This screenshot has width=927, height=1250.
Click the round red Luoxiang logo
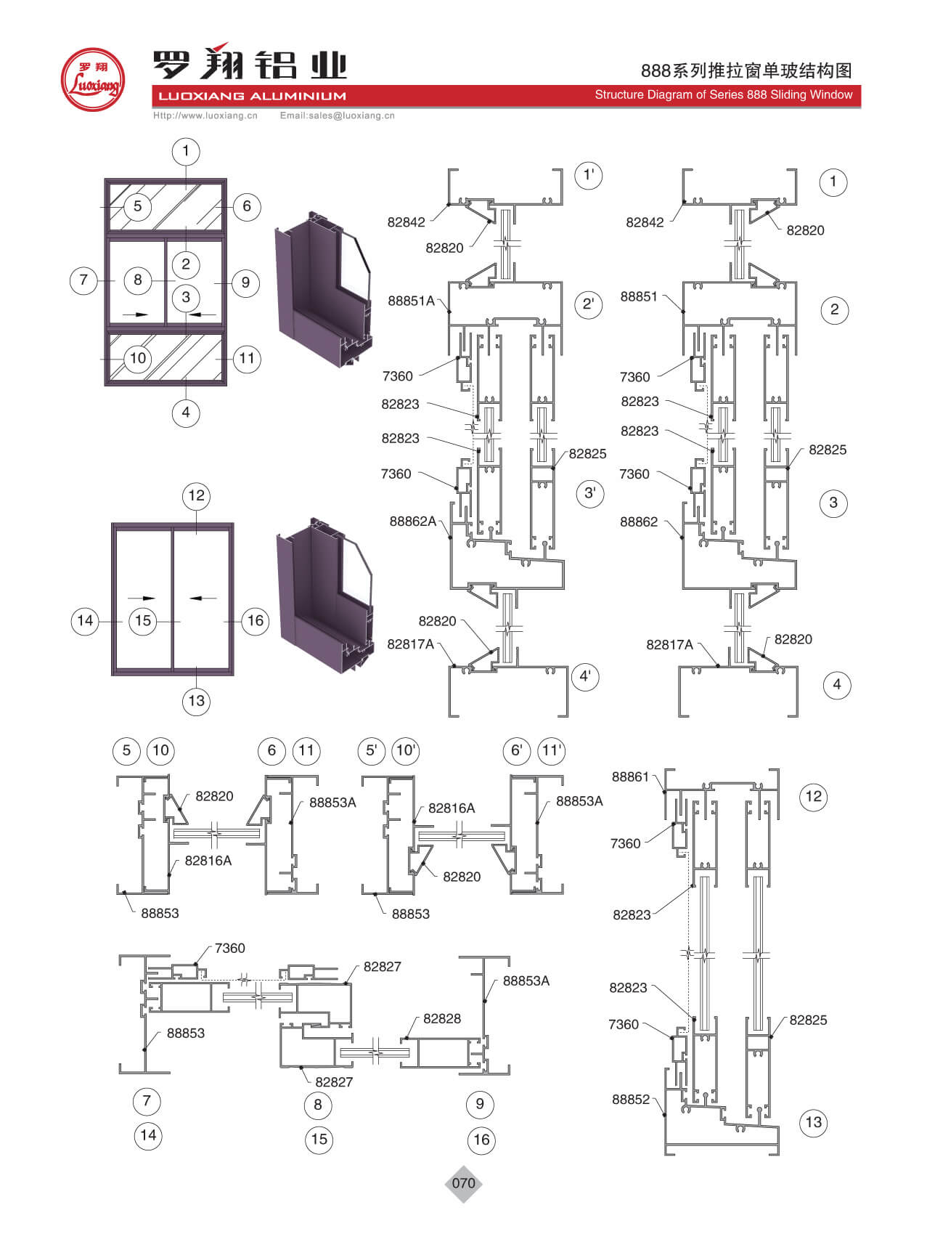92,80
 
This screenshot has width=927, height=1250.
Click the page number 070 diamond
463,1183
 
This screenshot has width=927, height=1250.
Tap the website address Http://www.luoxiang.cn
205,115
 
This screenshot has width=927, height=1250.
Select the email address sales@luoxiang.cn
338,115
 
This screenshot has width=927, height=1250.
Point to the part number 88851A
411,301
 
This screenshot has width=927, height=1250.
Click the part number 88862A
413,521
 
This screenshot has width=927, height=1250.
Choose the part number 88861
630,776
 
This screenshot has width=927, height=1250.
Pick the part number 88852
631,1099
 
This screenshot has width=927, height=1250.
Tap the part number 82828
442,1018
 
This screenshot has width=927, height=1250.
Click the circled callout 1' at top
588,175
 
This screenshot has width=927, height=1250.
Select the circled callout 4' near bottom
585,677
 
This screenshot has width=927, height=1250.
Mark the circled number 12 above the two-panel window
197,496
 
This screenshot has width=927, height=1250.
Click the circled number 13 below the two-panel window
197,701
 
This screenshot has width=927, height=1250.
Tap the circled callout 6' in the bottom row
517,750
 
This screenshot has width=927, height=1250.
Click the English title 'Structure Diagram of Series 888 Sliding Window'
723,94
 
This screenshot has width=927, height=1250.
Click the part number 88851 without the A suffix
639,296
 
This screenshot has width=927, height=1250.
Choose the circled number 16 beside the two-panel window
256,620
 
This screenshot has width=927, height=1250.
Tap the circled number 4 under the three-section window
186,413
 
